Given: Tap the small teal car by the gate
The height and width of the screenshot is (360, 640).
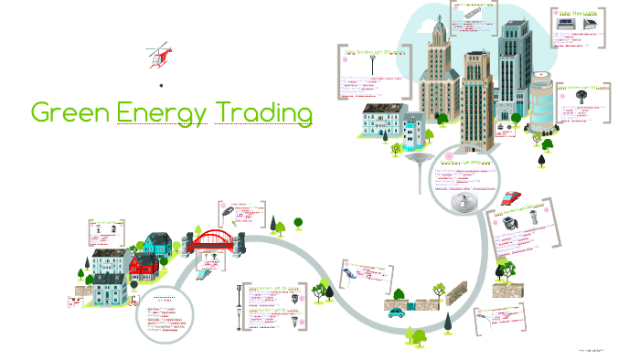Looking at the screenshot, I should coord(395,312).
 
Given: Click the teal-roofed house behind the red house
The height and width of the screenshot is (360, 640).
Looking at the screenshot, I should coord(157,243).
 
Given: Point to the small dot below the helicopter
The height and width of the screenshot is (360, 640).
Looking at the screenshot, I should coord(161,85).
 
